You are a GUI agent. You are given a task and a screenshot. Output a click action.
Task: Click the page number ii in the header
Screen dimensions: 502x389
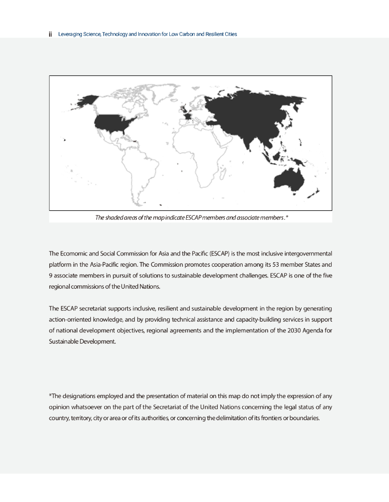[x=51, y=34]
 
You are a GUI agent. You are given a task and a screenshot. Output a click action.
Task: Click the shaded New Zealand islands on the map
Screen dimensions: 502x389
[x=314, y=193]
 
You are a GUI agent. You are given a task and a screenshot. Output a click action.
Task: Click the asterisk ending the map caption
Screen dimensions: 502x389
[x=286, y=217]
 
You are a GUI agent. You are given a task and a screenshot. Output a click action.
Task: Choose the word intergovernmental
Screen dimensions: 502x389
[x=307, y=253]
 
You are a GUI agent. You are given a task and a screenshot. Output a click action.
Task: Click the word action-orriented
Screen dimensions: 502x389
[x=71, y=320]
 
